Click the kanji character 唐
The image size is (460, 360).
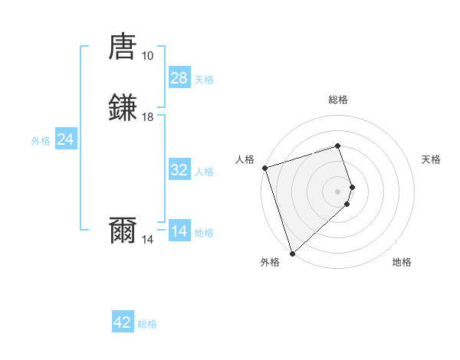pos(123,47)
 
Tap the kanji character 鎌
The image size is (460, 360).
pos(123,108)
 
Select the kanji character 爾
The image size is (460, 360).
pos(123,230)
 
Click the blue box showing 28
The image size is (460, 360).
pos(179,78)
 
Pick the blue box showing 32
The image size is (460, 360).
pos(179,170)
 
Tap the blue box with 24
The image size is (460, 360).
pos(66,139)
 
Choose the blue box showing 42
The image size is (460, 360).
pos(123,322)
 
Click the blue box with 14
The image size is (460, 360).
pos(179,231)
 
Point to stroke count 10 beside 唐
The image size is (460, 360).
pos(147,56)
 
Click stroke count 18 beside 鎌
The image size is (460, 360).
pos(147,117)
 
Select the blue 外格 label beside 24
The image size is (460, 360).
pos(40,140)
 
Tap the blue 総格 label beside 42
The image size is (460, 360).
pos(147,324)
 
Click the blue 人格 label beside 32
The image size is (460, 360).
pos(204,172)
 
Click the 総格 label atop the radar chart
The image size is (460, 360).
pos(337,100)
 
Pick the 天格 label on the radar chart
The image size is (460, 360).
pos(431,159)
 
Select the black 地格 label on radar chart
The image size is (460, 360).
pos(402,262)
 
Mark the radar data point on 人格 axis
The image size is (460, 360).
pos(264,167)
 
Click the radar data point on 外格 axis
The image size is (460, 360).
pos(292,253)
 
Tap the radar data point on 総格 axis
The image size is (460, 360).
pos(337,146)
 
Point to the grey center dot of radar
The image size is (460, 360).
pos(337,191)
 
